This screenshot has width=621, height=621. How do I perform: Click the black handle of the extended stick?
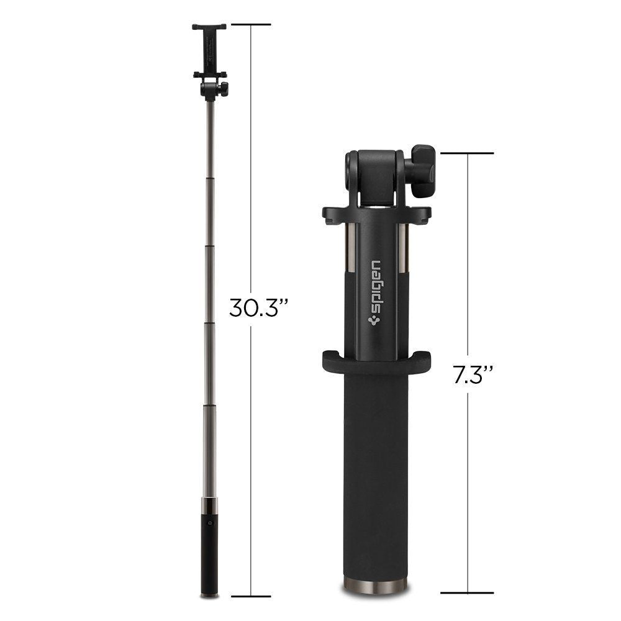pyautogui.click(x=211, y=546)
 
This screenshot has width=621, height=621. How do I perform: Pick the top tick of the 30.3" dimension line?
pyautogui.click(x=250, y=25)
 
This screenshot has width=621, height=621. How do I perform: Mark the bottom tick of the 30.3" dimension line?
pyautogui.click(x=250, y=596)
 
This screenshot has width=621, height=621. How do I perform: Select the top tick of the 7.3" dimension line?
pyautogui.click(x=468, y=153)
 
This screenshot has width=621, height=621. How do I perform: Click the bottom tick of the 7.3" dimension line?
pyautogui.click(x=468, y=593)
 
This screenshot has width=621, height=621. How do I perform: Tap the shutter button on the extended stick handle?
pyautogui.click(x=211, y=523)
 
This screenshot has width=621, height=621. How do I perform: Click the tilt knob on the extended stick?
pyautogui.click(x=224, y=88)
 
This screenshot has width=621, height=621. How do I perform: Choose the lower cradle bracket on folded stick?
pyautogui.click(x=376, y=359)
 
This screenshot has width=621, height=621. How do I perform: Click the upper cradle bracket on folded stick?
pyautogui.click(x=376, y=214)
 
